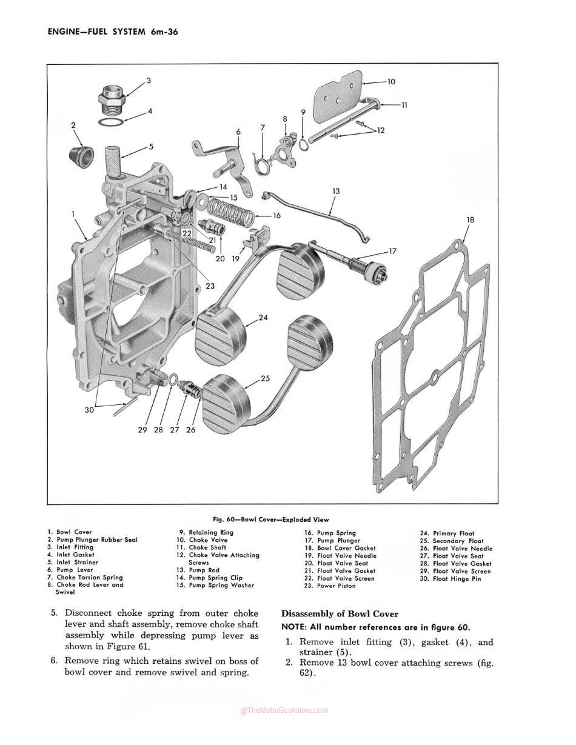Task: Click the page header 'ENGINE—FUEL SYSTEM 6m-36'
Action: pyautogui.click(x=112, y=32)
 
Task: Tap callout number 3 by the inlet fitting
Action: pyautogui.click(x=149, y=81)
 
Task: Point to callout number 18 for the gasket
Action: pyautogui.click(x=471, y=219)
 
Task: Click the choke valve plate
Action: pyautogui.click(x=338, y=97)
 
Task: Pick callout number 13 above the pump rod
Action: pyautogui.click(x=336, y=192)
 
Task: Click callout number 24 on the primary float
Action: pyautogui.click(x=263, y=318)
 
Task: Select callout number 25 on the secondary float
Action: pyautogui.click(x=265, y=378)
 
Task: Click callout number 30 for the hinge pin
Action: pyautogui.click(x=89, y=410)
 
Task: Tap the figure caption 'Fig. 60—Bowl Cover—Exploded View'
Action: pyautogui.click(x=271, y=519)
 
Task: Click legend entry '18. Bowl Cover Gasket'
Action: pyautogui.click(x=340, y=548)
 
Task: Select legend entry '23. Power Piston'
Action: pyautogui.click(x=330, y=586)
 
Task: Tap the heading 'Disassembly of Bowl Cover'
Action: pyautogui.click(x=340, y=614)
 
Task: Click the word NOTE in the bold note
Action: pyautogui.click(x=294, y=627)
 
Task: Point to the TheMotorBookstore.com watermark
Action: pyautogui.click(x=284, y=710)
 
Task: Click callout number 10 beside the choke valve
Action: pyautogui.click(x=391, y=81)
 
